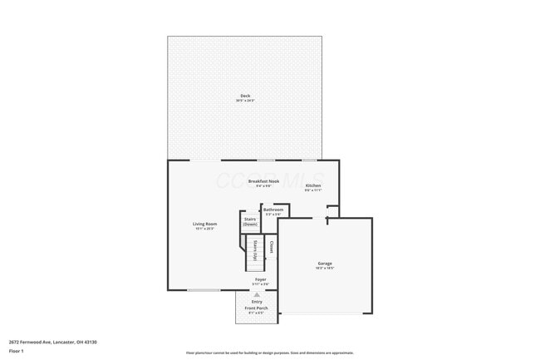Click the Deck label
pos(245,96)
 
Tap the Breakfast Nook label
pos(263,180)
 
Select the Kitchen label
pos(313,185)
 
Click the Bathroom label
pos(273,210)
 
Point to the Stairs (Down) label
pos(250,222)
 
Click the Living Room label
pos(205,224)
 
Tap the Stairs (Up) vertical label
pos(256,250)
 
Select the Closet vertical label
pos(272,247)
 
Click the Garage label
pos(324,264)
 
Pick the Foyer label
pos(260,279)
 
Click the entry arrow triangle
pos(257,294)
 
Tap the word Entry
pos(257,301)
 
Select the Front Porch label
pos(256,308)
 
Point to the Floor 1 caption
pos(17,351)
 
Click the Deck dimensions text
pos(245,101)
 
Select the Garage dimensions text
pos(324,269)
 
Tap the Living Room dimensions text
pos(205,229)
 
